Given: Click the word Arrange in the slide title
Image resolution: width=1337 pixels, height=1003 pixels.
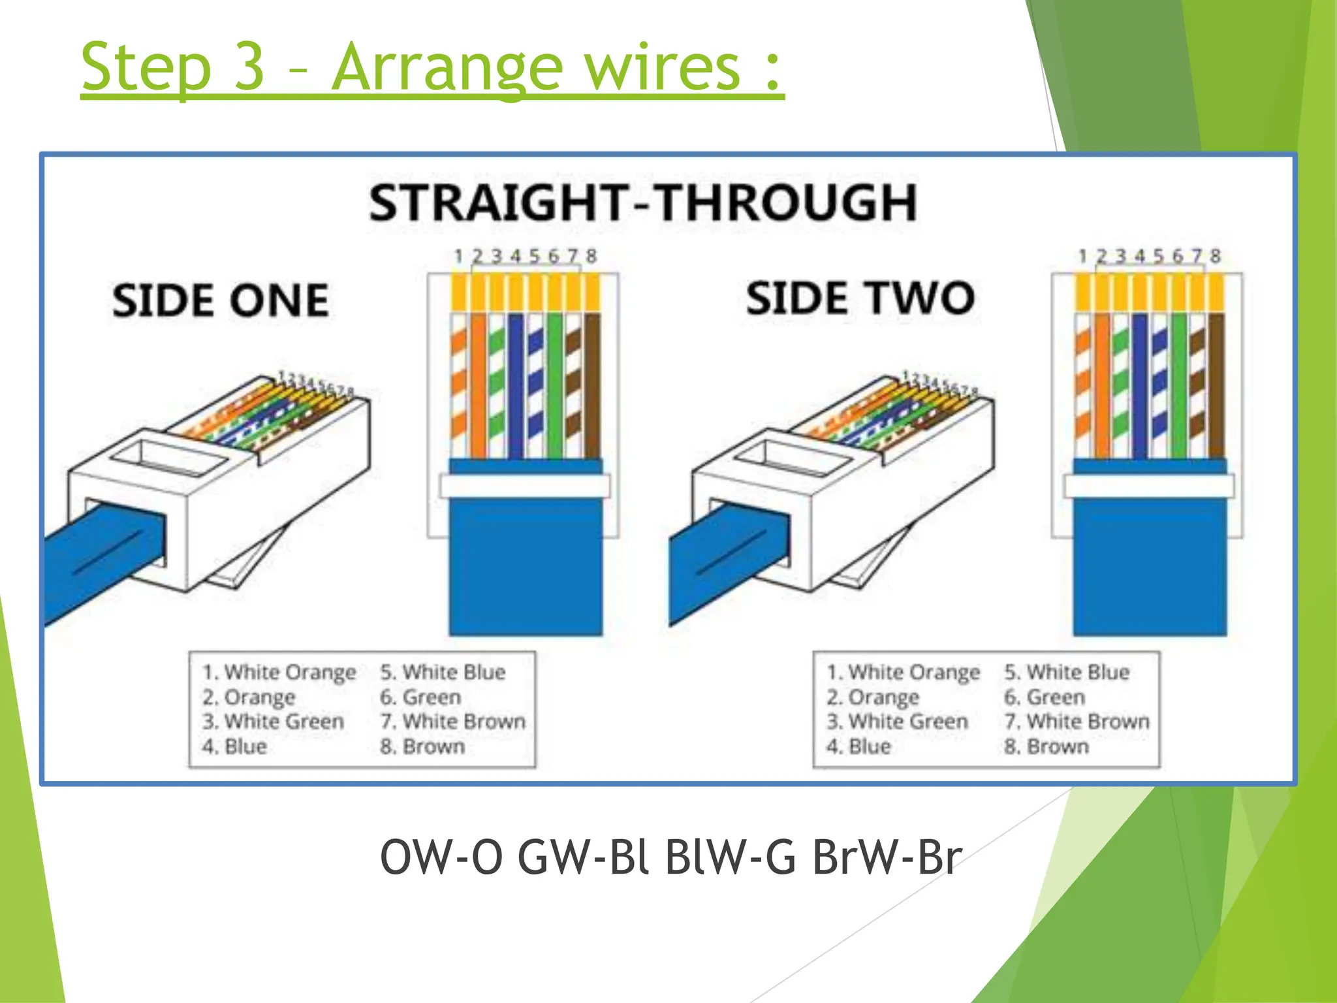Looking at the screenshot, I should pyautogui.click(x=447, y=67).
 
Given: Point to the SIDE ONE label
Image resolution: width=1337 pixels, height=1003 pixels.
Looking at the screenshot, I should pyautogui.click(x=220, y=300).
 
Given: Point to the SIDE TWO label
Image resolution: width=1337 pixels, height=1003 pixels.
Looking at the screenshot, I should pyautogui.click(x=860, y=298).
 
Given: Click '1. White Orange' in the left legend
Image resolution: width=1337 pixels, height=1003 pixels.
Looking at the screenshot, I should pyautogui.click(x=279, y=672).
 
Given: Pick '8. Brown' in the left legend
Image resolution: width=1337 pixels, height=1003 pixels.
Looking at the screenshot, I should pyautogui.click(x=422, y=746).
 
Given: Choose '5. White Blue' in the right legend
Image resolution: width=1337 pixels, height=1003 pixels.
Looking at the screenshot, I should pyautogui.click(x=1067, y=672).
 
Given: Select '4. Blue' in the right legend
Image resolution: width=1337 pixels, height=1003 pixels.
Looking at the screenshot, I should pyautogui.click(x=858, y=746).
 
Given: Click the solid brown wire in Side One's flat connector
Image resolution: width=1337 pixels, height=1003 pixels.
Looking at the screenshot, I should pyautogui.click(x=592, y=385).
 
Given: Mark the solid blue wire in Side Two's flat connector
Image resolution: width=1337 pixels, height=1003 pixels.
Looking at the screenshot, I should pyautogui.click(x=1140, y=385).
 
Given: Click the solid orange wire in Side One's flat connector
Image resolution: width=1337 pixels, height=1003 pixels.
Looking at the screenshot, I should pyautogui.click(x=479, y=385).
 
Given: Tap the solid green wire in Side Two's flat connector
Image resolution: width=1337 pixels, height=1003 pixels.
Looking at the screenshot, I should pyautogui.click(x=1178, y=385).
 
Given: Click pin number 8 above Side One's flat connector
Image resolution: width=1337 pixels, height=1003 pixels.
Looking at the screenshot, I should pyautogui.click(x=591, y=256).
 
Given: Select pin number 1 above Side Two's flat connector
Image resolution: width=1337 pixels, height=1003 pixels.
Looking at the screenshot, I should pyautogui.click(x=1082, y=256).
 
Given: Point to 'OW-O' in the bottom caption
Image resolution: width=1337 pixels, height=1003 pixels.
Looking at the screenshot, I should pyautogui.click(x=441, y=857).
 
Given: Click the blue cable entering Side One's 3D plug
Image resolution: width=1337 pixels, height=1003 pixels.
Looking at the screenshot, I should pyautogui.click(x=98, y=562).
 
